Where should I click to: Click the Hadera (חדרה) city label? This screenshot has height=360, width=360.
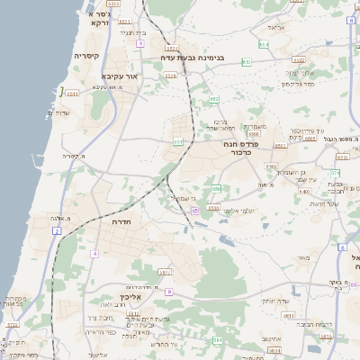(118, 220)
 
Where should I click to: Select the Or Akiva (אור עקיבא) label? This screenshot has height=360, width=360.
(119, 76)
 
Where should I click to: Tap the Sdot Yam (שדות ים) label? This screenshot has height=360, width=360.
(58, 112)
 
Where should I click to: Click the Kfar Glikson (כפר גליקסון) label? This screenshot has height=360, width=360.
(297, 84)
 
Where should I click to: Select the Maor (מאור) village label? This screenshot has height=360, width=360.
(302, 257)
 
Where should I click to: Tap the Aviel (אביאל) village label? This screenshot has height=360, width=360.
(275, 28)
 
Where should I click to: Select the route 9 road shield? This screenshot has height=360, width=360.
(168, 292)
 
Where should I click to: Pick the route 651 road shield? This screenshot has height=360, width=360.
(178, 141)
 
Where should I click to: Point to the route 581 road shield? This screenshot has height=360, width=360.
(218, 340)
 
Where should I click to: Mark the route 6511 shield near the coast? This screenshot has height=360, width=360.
(72, 92)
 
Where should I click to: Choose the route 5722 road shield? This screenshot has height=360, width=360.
(13, 325)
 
